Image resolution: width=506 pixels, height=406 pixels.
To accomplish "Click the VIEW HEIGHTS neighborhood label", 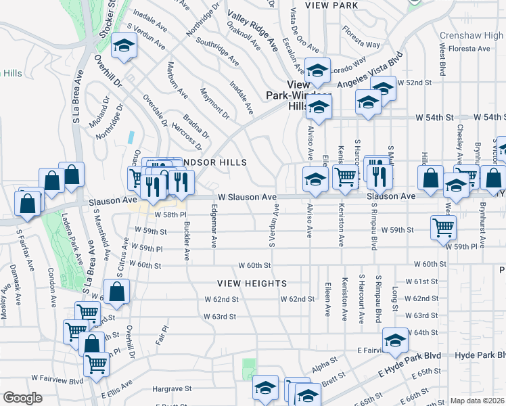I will pyautogui.click(x=252, y=283).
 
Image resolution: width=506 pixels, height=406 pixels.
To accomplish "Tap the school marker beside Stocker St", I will pyautogui.click(x=124, y=46).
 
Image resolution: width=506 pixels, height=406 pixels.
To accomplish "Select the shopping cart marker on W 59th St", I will pyautogui.click(x=443, y=227).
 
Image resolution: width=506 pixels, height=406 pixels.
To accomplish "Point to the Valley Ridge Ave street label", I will pyautogui.click(x=253, y=32).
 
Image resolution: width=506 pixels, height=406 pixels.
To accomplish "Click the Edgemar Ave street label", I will pyautogui.click(x=214, y=225).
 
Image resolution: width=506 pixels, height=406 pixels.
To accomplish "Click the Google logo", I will pyautogui.click(x=23, y=397).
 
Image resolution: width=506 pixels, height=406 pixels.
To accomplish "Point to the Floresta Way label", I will pyautogui.click(x=361, y=37).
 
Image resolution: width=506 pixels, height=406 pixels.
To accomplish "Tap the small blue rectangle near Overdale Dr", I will pyautogui.click(x=130, y=135).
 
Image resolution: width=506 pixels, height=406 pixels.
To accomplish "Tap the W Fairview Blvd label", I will pyautogui.click(x=58, y=379).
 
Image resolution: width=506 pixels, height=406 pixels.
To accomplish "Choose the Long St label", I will pyautogui.click(x=394, y=300).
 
